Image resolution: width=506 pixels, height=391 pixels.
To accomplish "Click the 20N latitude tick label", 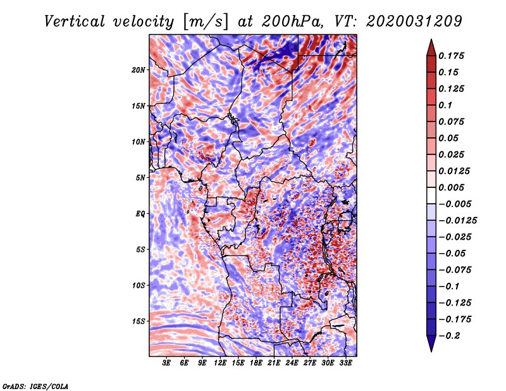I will tap(139, 70).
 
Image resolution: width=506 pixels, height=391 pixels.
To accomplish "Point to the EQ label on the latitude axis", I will tap(140, 213).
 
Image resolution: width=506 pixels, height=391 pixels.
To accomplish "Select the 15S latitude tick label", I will tap(139, 321).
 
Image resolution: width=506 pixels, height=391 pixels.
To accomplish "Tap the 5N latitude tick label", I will tap(140, 177).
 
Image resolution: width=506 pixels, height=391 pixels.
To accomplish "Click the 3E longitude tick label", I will tap(167, 363).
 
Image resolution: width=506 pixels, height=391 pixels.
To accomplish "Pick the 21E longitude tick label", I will tap(274, 363).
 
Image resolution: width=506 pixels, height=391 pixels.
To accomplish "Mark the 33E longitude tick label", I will tap(345, 363).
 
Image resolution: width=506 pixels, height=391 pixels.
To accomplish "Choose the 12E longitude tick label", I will tap(220, 363).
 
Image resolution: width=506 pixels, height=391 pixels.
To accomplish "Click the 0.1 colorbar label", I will tap(447, 105).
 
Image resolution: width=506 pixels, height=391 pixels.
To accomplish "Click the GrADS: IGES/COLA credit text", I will tap(35, 385).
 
